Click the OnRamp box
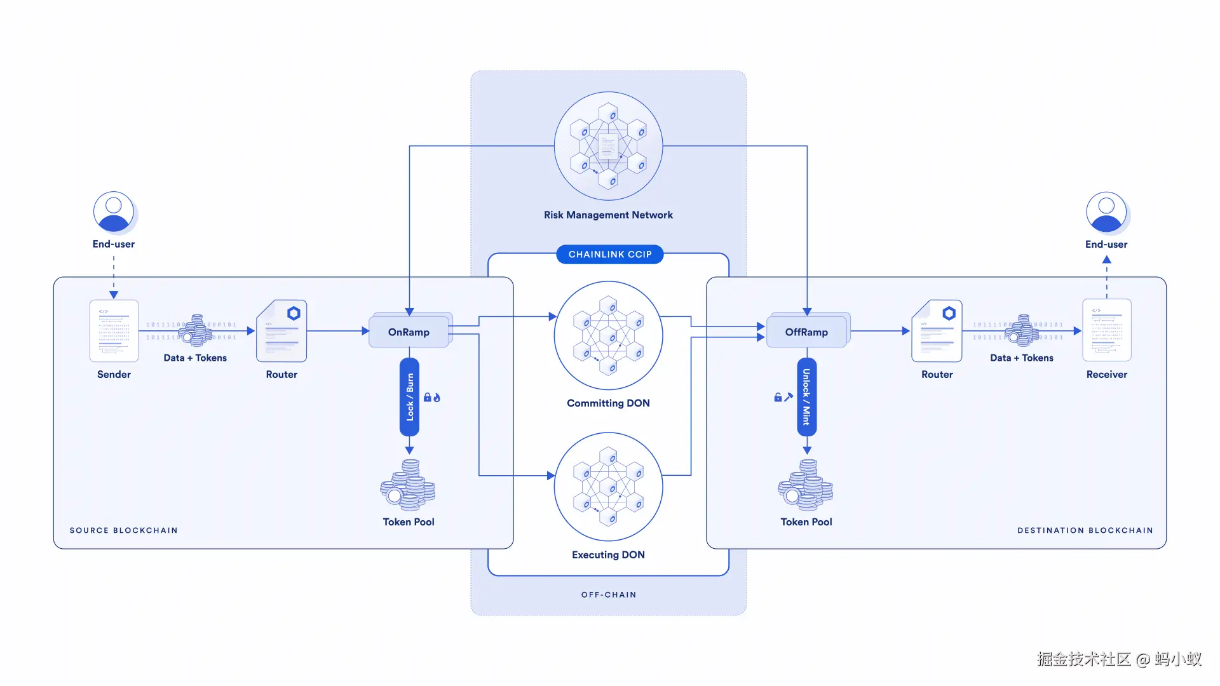pos(409,332)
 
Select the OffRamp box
pos(806,332)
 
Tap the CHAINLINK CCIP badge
pos(609,254)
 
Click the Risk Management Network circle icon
pos(608,146)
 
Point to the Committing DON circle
pos(608,335)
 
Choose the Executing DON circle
pos(608,487)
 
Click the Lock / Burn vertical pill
pos(409,397)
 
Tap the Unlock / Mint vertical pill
pos(806,397)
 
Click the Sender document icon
pos(114,331)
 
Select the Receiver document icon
pos(1106,330)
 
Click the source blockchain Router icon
pos(281,331)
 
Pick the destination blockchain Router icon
pos(937,331)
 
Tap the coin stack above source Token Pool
pos(408,485)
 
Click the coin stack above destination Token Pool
pos(806,485)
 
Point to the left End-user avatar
pos(114,212)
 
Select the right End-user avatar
pos(1106,212)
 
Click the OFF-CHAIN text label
pos(608,595)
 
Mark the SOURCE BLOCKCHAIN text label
pos(123,530)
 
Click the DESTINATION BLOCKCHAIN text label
pos(1085,530)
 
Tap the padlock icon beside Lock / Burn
pos(428,398)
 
